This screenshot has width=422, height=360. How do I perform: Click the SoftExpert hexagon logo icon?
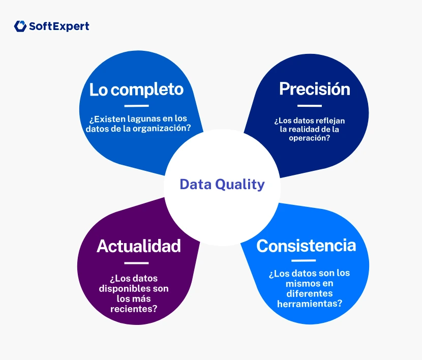(x=20, y=26)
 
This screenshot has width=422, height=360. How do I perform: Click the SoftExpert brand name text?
(x=59, y=26)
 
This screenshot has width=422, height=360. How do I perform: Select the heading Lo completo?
(x=136, y=89)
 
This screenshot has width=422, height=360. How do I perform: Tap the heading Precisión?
(x=314, y=89)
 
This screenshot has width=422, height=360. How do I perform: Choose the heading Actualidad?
(x=138, y=246)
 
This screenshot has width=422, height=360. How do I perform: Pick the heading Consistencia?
(x=306, y=246)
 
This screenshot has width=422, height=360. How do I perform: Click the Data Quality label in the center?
(x=222, y=184)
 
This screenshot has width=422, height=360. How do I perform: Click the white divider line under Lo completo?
(x=136, y=106)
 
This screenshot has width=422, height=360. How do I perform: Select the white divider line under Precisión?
(x=309, y=106)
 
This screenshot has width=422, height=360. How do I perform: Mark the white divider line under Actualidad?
(x=136, y=263)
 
